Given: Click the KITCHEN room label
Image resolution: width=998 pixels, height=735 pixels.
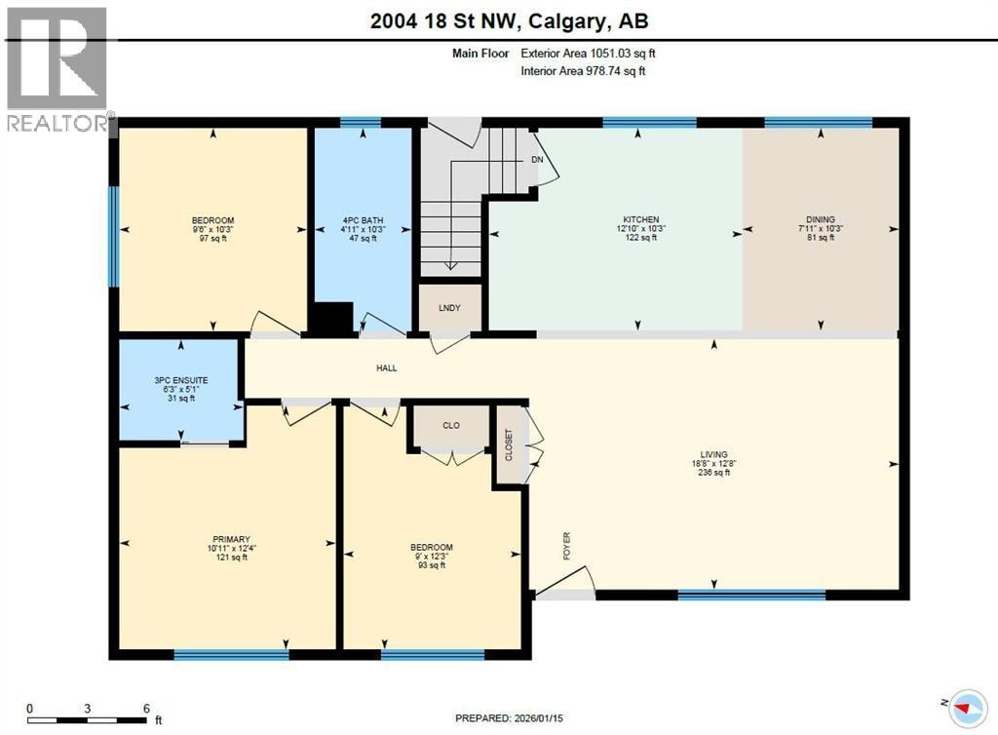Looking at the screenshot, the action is click(641, 219).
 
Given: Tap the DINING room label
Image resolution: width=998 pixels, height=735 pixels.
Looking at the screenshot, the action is click(821, 219).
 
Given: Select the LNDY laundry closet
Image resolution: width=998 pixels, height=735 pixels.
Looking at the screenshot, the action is click(449, 308).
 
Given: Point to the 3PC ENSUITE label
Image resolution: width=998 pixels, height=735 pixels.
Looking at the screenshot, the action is click(180, 380).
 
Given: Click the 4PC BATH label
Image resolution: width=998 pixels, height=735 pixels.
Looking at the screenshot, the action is click(363, 220).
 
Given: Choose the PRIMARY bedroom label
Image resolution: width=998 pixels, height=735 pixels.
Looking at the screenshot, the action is click(232, 539).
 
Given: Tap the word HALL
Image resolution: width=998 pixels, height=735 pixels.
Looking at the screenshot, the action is click(386, 367).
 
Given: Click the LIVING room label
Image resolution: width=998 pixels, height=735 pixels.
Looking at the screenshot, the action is click(714, 454).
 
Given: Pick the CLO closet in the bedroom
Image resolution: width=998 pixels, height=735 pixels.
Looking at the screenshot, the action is click(451, 426).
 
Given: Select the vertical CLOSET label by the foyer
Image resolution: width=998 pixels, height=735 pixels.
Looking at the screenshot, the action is click(509, 445).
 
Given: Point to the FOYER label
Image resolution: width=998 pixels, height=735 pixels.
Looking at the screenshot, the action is click(567, 546).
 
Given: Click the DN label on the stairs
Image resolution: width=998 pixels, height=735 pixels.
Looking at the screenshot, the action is click(537, 160).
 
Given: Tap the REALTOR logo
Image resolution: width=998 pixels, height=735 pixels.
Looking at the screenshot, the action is click(58, 69).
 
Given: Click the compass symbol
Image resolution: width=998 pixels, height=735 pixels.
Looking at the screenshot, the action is click(968, 709).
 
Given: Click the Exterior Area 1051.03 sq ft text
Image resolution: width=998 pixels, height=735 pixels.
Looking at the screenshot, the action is click(588, 54).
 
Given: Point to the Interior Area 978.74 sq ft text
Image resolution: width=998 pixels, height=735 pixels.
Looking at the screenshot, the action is click(583, 70).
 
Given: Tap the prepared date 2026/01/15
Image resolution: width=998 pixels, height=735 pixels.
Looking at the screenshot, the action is click(536, 718).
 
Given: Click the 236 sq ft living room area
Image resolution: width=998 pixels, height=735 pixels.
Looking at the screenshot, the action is click(714, 473).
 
